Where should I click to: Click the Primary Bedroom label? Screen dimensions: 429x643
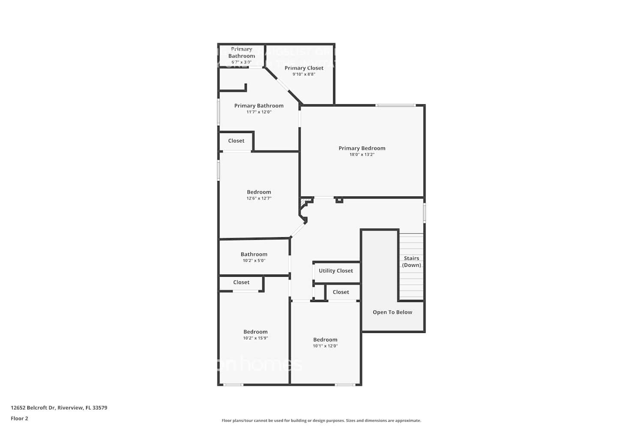(x=362, y=148)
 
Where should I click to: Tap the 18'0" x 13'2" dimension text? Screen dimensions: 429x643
(x=362, y=154)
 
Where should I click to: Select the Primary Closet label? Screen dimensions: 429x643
(x=304, y=68)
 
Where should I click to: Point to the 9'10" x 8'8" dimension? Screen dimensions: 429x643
(x=304, y=74)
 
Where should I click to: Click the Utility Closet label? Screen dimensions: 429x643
(x=336, y=271)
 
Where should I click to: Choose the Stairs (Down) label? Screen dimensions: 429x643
(x=412, y=262)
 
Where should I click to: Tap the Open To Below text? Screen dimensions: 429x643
(x=392, y=312)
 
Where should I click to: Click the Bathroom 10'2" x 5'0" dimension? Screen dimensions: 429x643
(x=254, y=260)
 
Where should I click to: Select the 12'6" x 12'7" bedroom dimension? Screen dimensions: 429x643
(x=259, y=198)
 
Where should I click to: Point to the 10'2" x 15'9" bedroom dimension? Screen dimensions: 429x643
(x=255, y=338)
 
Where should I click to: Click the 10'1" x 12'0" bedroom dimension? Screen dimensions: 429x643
(x=325, y=346)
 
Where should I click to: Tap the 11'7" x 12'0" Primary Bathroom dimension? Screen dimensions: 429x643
(x=259, y=112)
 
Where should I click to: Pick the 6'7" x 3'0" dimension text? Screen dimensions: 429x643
(x=241, y=62)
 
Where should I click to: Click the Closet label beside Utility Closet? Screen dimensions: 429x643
(x=341, y=292)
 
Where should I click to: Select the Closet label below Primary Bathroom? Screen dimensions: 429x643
(x=236, y=141)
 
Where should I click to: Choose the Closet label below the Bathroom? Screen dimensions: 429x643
(x=241, y=282)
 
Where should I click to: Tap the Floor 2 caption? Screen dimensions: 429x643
(x=19, y=418)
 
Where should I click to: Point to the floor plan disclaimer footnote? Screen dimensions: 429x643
(x=321, y=421)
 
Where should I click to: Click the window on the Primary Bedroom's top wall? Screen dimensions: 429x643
(x=395, y=105)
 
